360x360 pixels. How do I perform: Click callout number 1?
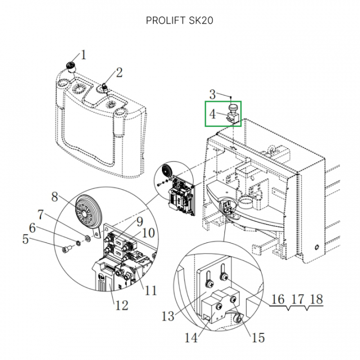pyautogui.click(x=83, y=54)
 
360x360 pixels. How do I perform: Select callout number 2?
pyautogui.click(x=119, y=72)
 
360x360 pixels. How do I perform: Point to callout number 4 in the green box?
pyautogui.click(x=212, y=114)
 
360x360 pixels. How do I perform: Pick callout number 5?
pyautogui.click(x=25, y=240)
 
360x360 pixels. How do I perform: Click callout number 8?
pyautogui.click(x=55, y=196)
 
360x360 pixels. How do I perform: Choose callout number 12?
pyautogui.click(x=122, y=304)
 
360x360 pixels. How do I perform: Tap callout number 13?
pyautogui.click(x=168, y=316)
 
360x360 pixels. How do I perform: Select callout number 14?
pyautogui.click(x=191, y=338)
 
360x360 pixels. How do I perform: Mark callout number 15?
pyautogui.click(x=257, y=338)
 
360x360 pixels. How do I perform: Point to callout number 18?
pyautogui.click(x=316, y=299)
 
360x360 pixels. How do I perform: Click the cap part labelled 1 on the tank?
pyautogui.click(x=70, y=65)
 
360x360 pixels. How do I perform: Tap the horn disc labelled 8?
pyautogui.click(x=88, y=213)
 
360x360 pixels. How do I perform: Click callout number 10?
pyautogui.click(x=148, y=232)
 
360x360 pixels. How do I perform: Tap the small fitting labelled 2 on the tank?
pyautogui.click(x=105, y=87)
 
